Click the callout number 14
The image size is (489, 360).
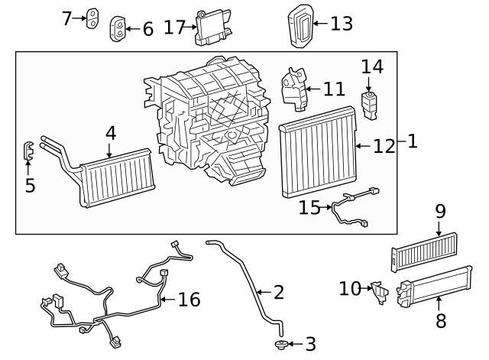(x=372, y=66)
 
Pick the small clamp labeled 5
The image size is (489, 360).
(x=28, y=151)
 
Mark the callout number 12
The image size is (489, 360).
(x=384, y=144)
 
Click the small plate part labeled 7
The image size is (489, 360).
(x=92, y=18)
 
